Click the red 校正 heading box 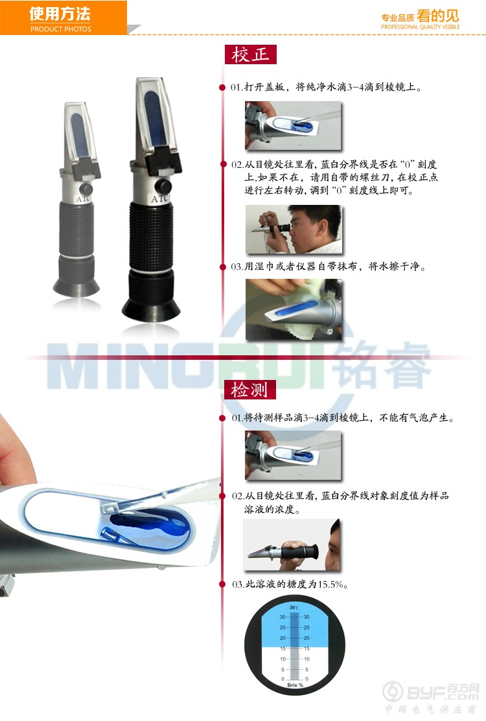[250, 54]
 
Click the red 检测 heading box [249, 390]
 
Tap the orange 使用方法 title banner [63, 18]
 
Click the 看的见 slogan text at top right [438, 16]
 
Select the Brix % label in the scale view [295, 685]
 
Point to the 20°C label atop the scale [294, 608]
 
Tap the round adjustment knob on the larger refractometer [163, 186]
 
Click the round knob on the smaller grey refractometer [86, 189]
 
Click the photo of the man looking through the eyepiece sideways [294, 229]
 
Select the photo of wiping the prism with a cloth [294, 309]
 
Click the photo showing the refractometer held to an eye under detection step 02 [291, 545]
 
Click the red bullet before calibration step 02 [224, 164]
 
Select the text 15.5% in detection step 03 [330, 584]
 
